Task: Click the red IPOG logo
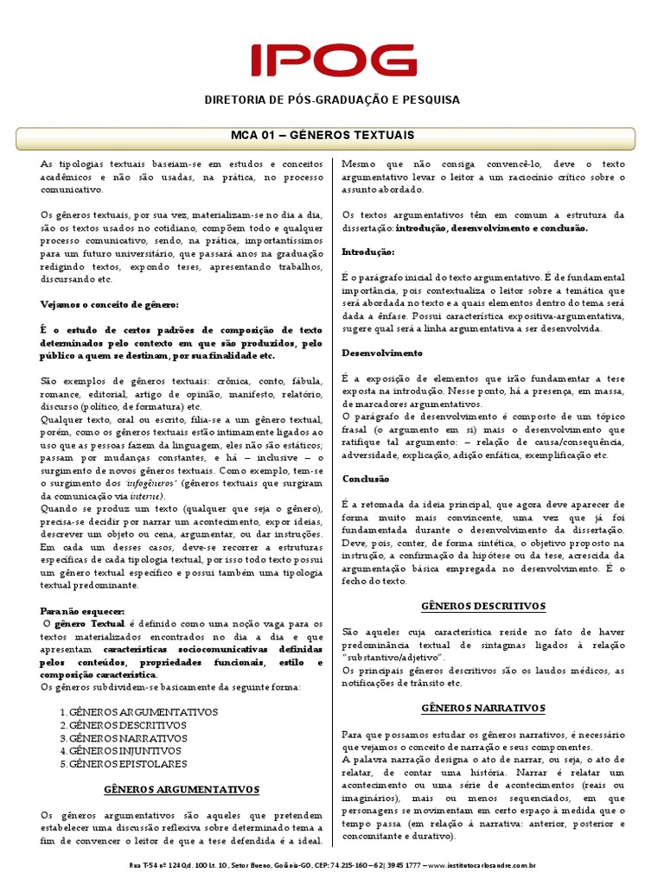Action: [332, 60]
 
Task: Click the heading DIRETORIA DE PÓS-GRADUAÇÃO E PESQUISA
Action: [332, 100]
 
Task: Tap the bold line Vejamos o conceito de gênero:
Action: [110, 304]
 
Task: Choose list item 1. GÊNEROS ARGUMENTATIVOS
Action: [138, 712]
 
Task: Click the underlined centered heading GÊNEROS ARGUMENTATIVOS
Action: [182, 789]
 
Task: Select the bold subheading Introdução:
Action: [368, 252]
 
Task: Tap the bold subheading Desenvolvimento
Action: [382, 353]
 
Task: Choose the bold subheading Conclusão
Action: [366, 479]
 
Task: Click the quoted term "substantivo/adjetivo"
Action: [393, 658]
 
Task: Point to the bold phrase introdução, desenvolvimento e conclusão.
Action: [492, 227]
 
